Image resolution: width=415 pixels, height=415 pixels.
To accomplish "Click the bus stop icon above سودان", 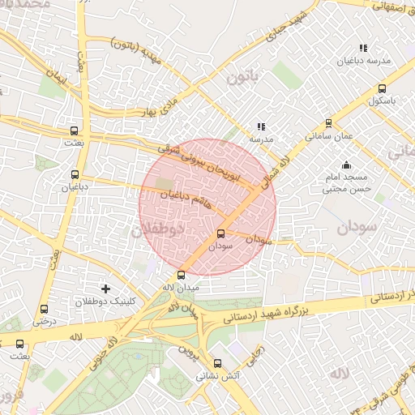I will pyautogui.click(x=220, y=234).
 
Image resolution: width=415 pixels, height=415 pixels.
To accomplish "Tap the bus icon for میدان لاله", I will pyautogui.click(x=181, y=275).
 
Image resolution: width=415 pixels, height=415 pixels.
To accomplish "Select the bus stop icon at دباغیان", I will pyautogui.click(x=75, y=174).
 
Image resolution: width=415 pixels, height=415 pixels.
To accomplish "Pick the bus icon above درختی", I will pyautogui.click(x=44, y=308).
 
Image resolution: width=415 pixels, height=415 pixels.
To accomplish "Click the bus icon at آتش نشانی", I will pyautogui.click(x=216, y=364).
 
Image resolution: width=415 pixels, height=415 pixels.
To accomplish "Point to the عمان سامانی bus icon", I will pyautogui.click(x=328, y=124).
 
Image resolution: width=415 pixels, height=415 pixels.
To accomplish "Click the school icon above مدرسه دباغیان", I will pyautogui.click(x=363, y=49).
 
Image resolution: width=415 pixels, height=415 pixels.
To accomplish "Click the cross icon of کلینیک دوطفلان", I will pyautogui.click(x=105, y=289).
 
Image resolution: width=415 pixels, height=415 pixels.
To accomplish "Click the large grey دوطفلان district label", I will pyautogui.click(x=158, y=230).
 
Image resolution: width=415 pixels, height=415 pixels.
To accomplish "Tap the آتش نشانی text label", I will pyautogui.click(x=216, y=377).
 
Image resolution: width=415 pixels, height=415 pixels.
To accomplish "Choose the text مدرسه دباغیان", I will pyautogui.click(x=370, y=62).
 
